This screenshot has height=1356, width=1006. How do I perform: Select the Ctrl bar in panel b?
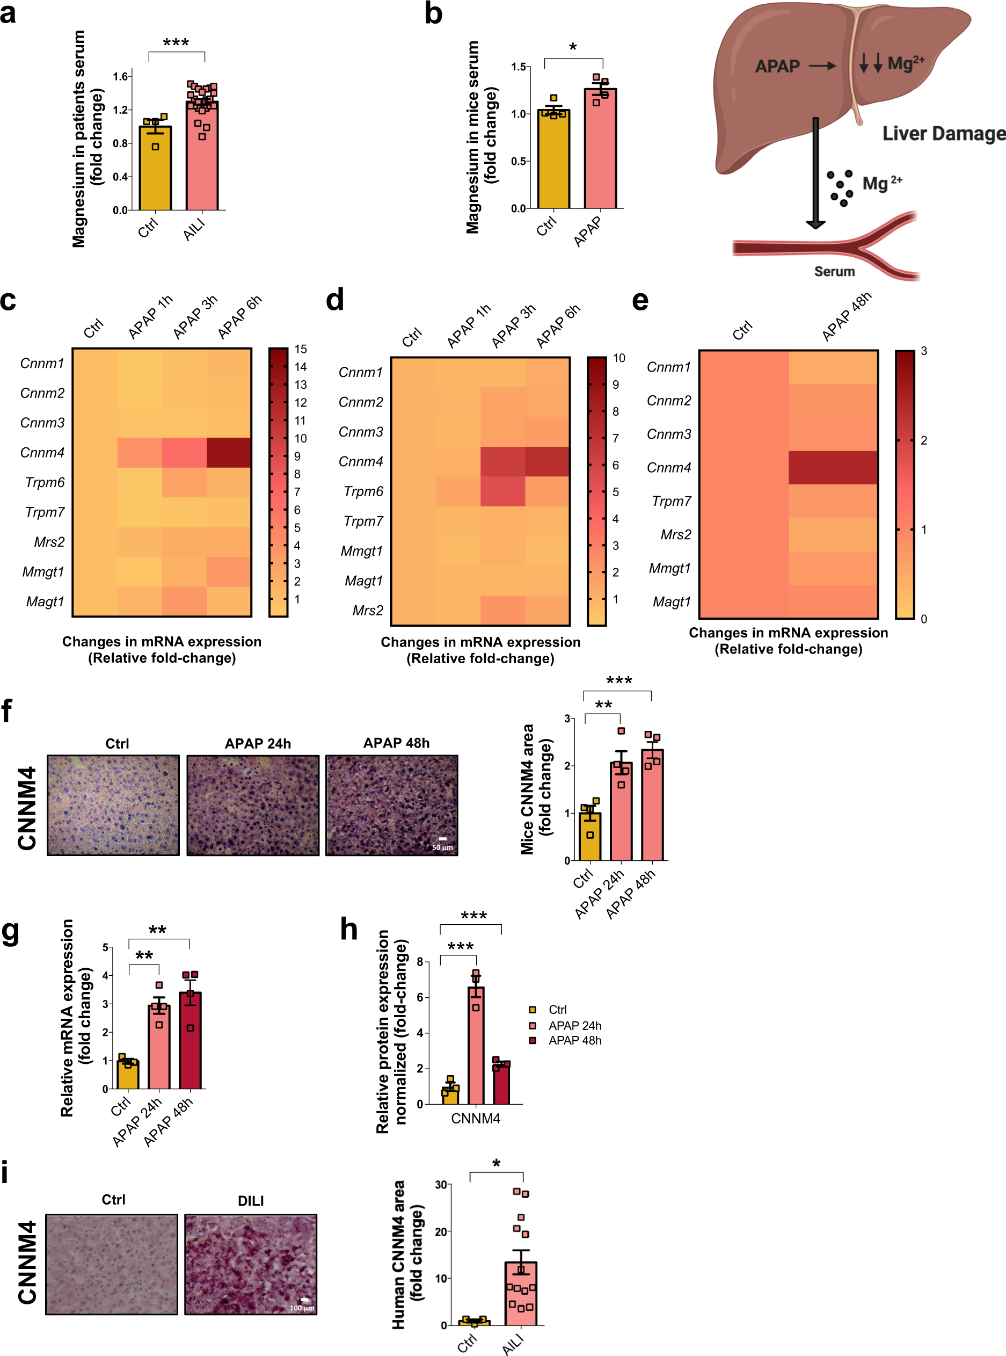tap(553, 162)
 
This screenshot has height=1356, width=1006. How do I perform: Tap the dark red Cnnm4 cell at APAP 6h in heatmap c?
tap(229, 453)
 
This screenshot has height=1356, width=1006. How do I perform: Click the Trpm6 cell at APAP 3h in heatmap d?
tap(502, 491)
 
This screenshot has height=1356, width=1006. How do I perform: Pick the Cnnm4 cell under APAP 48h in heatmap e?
tap(833, 467)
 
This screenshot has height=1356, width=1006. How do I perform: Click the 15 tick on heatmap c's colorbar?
tap(300, 349)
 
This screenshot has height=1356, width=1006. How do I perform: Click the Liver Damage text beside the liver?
tap(943, 133)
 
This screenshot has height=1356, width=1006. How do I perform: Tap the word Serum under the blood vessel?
tap(834, 272)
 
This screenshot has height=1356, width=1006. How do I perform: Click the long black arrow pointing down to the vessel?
tap(815, 173)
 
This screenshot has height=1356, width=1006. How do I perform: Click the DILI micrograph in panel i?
tap(250, 1264)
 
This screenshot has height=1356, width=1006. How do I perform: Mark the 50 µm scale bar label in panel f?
tap(442, 847)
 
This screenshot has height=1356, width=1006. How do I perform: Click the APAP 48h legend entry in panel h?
tap(574, 1040)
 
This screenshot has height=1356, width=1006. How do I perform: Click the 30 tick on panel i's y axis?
tap(441, 1184)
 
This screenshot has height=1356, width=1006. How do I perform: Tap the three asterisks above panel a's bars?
tap(176, 42)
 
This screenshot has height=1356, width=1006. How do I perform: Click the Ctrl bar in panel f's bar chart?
tap(589, 838)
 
